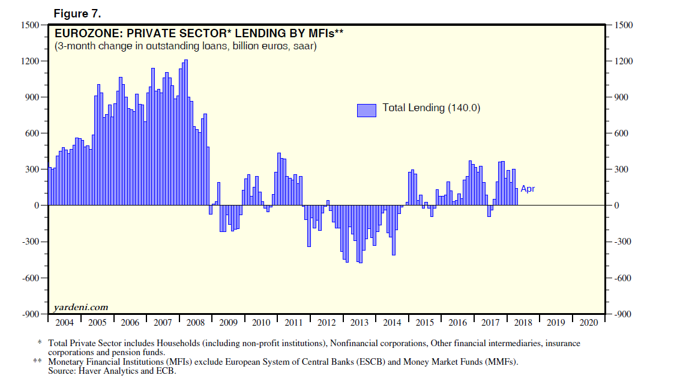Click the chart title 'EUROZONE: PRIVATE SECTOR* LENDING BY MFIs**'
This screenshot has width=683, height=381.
199,34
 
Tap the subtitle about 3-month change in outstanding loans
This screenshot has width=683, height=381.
185,46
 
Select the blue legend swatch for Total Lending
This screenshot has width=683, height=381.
367,109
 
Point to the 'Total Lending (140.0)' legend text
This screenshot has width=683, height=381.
432,108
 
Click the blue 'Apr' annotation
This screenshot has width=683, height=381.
528,189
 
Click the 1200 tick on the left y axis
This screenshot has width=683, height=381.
29,61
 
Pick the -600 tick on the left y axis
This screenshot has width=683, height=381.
29,278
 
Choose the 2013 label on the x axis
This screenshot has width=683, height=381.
359,322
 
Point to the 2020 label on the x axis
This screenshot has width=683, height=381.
588,322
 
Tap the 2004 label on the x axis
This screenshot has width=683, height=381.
64,322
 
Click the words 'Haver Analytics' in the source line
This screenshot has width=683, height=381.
105,371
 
